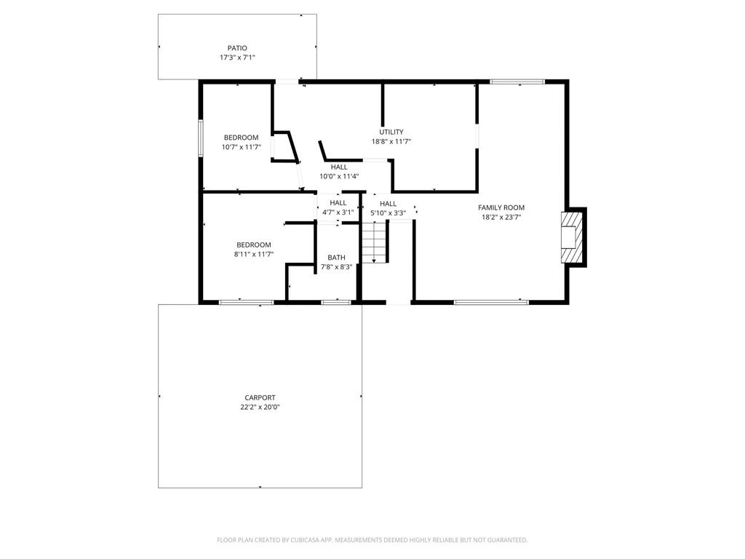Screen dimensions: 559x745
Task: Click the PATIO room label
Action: click(x=237, y=48)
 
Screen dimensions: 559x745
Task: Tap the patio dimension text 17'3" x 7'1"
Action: click(x=237, y=58)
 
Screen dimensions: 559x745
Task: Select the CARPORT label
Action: click(x=260, y=397)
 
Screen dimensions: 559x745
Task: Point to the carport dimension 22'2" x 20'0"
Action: click(x=260, y=407)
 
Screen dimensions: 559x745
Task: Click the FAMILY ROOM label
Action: click(x=501, y=207)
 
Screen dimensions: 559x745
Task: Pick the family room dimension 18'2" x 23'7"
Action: click(x=501, y=217)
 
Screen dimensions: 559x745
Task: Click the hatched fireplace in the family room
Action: click(x=572, y=237)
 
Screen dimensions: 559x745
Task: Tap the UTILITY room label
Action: click(x=391, y=132)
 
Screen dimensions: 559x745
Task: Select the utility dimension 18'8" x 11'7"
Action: click(x=391, y=142)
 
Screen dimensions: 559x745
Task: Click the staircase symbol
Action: click(x=374, y=242)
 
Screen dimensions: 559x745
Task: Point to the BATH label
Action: click(x=336, y=258)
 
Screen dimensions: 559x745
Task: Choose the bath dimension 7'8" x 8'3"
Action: click(x=336, y=267)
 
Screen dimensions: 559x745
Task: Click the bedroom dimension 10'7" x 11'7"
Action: click(x=241, y=147)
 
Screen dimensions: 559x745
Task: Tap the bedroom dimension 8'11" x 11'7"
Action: click(x=253, y=254)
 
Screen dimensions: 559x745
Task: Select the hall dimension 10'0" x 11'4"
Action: click(x=339, y=176)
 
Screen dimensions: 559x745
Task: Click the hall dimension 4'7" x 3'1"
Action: click(x=338, y=213)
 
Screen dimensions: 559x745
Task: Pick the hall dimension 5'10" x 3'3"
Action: click(x=388, y=213)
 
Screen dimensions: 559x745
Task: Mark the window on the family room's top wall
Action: click(x=517, y=82)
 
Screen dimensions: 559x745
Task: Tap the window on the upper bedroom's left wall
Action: click(x=201, y=138)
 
